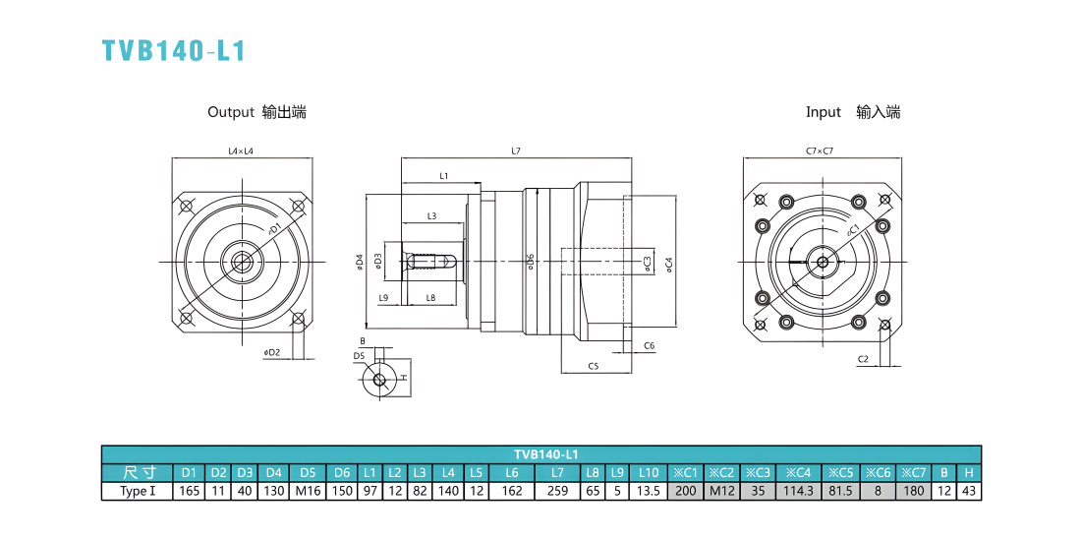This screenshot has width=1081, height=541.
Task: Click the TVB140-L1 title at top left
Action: (174, 51)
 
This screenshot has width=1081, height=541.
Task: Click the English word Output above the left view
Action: (231, 112)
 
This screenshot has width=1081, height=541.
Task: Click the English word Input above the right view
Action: (824, 112)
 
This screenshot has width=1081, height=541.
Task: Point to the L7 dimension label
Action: (516, 150)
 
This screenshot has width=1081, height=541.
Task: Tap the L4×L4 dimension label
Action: (242, 150)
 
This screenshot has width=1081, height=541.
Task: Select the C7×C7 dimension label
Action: (819, 150)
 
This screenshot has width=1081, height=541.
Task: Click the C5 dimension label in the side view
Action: (593, 366)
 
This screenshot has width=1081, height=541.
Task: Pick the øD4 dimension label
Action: (359, 262)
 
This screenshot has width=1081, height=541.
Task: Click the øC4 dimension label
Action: (668, 265)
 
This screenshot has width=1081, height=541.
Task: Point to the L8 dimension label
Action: (430, 297)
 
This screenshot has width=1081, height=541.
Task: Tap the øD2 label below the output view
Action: (271, 352)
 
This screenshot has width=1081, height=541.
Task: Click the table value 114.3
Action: (798, 491)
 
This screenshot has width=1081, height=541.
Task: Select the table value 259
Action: (558, 491)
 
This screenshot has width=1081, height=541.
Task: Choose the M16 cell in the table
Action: (309, 491)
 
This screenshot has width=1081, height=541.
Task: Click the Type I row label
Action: (137, 491)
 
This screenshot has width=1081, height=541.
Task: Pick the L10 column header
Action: (649, 473)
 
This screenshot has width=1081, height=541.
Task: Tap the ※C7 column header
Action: (914, 473)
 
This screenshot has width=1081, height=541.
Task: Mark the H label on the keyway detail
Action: (404, 378)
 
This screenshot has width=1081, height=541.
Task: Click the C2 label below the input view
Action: (863, 359)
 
